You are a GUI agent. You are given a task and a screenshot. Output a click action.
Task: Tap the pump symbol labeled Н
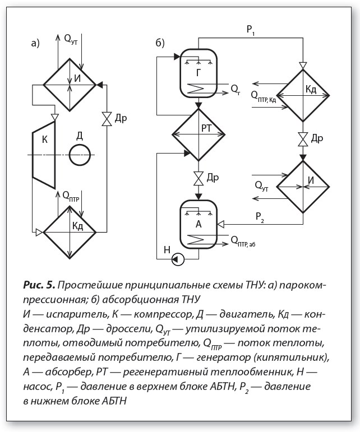click(178, 259)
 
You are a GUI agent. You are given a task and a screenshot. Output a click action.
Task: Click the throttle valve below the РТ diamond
click(199, 179)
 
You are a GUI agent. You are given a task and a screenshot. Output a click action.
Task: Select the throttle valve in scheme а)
click(107, 119)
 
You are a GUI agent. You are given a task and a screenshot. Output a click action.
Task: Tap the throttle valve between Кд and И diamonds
click(303, 139)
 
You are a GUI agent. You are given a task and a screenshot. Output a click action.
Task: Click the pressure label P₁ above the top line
click(251, 30)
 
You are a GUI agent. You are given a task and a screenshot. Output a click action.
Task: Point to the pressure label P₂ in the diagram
click(260, 217)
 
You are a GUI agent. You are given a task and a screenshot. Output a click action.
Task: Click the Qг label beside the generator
click(236, 89)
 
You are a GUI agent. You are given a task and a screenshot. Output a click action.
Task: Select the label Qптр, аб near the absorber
click(243, 241)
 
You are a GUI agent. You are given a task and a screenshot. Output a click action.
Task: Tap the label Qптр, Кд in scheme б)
click(263, 96)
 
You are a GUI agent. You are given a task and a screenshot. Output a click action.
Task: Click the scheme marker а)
click(35, 43)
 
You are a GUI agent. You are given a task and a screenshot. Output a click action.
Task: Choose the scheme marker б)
click(160, 43)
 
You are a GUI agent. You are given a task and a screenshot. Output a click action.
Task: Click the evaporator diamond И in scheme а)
click(70, 85)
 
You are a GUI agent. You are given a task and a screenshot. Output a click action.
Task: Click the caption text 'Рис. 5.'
click(39, 285)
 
